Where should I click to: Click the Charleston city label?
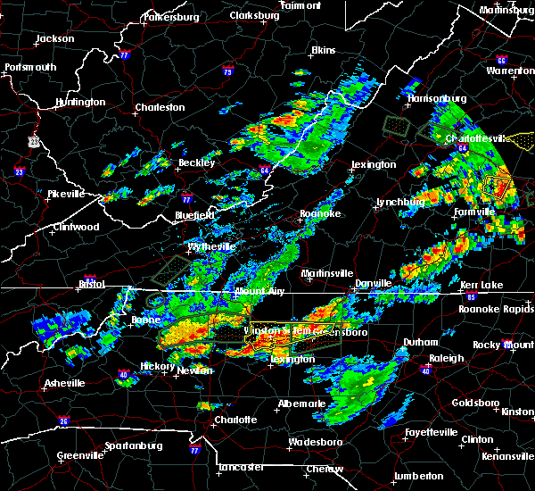[160, 108]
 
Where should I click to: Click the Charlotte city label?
[235, 420]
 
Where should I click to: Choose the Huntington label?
[79, 103]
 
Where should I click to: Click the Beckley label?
[196, 163]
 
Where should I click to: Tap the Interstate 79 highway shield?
[229, 71]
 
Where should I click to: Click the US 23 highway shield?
[34, 140]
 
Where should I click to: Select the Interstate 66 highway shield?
[501, 61]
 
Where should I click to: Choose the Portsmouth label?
[30, 68]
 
